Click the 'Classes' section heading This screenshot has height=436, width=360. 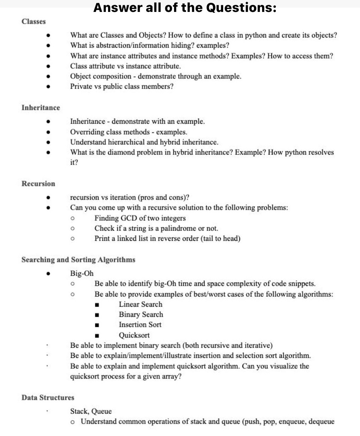(x=34, y=21)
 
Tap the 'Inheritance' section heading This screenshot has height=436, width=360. (x=41, y=108)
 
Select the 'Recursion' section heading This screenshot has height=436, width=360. (x=38, y=184)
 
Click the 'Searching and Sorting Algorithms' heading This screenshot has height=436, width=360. (x=78, y=260)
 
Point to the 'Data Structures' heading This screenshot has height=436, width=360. (x=48, y=397)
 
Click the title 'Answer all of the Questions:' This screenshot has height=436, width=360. (x=185, y=7)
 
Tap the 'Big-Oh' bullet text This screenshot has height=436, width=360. (x=82, y=273)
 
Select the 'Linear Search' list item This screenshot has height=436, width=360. (x=140, y=304)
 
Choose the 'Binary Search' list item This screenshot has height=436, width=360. (x=141, y=314)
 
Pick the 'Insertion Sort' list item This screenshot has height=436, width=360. (x=140, y=325)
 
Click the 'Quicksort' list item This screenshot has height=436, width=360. (x=134, y=335)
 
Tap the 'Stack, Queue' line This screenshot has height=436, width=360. (x=91, y=411)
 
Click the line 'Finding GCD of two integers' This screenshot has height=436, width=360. (x=140, y=218)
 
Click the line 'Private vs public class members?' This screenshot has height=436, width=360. (x=122, y=86)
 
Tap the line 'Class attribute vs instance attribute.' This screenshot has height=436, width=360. (x=126, y=66)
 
